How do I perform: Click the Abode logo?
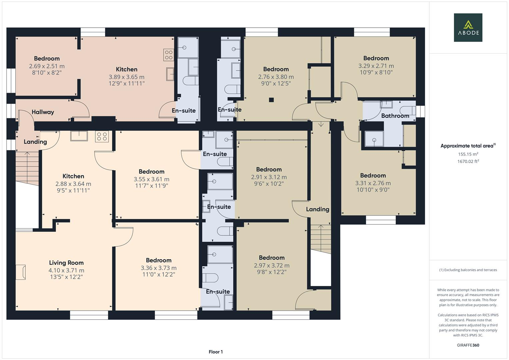point(468,27)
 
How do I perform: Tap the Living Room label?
point(66,263)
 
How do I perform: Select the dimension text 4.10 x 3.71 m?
point(66,270)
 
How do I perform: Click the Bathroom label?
point(395,116)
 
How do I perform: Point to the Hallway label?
point(43,112)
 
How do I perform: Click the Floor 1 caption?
point(216,352)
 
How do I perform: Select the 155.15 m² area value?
point(468,154)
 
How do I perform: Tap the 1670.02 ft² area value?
point(468,161)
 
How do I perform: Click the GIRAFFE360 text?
point(468,345)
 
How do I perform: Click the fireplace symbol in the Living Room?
point(21,272)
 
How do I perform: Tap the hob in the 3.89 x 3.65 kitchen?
point(169,55)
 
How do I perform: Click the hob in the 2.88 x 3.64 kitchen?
point(102,136)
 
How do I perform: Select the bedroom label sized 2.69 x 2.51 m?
point(47,59)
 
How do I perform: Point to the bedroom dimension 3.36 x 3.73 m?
point(159,268)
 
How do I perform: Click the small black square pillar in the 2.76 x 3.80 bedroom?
point(271,99)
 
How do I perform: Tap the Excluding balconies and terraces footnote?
point(468,270)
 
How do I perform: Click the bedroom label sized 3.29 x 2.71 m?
point(376,58)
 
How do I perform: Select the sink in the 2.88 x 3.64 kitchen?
point(79,136)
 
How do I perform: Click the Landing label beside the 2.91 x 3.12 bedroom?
point(317,209)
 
